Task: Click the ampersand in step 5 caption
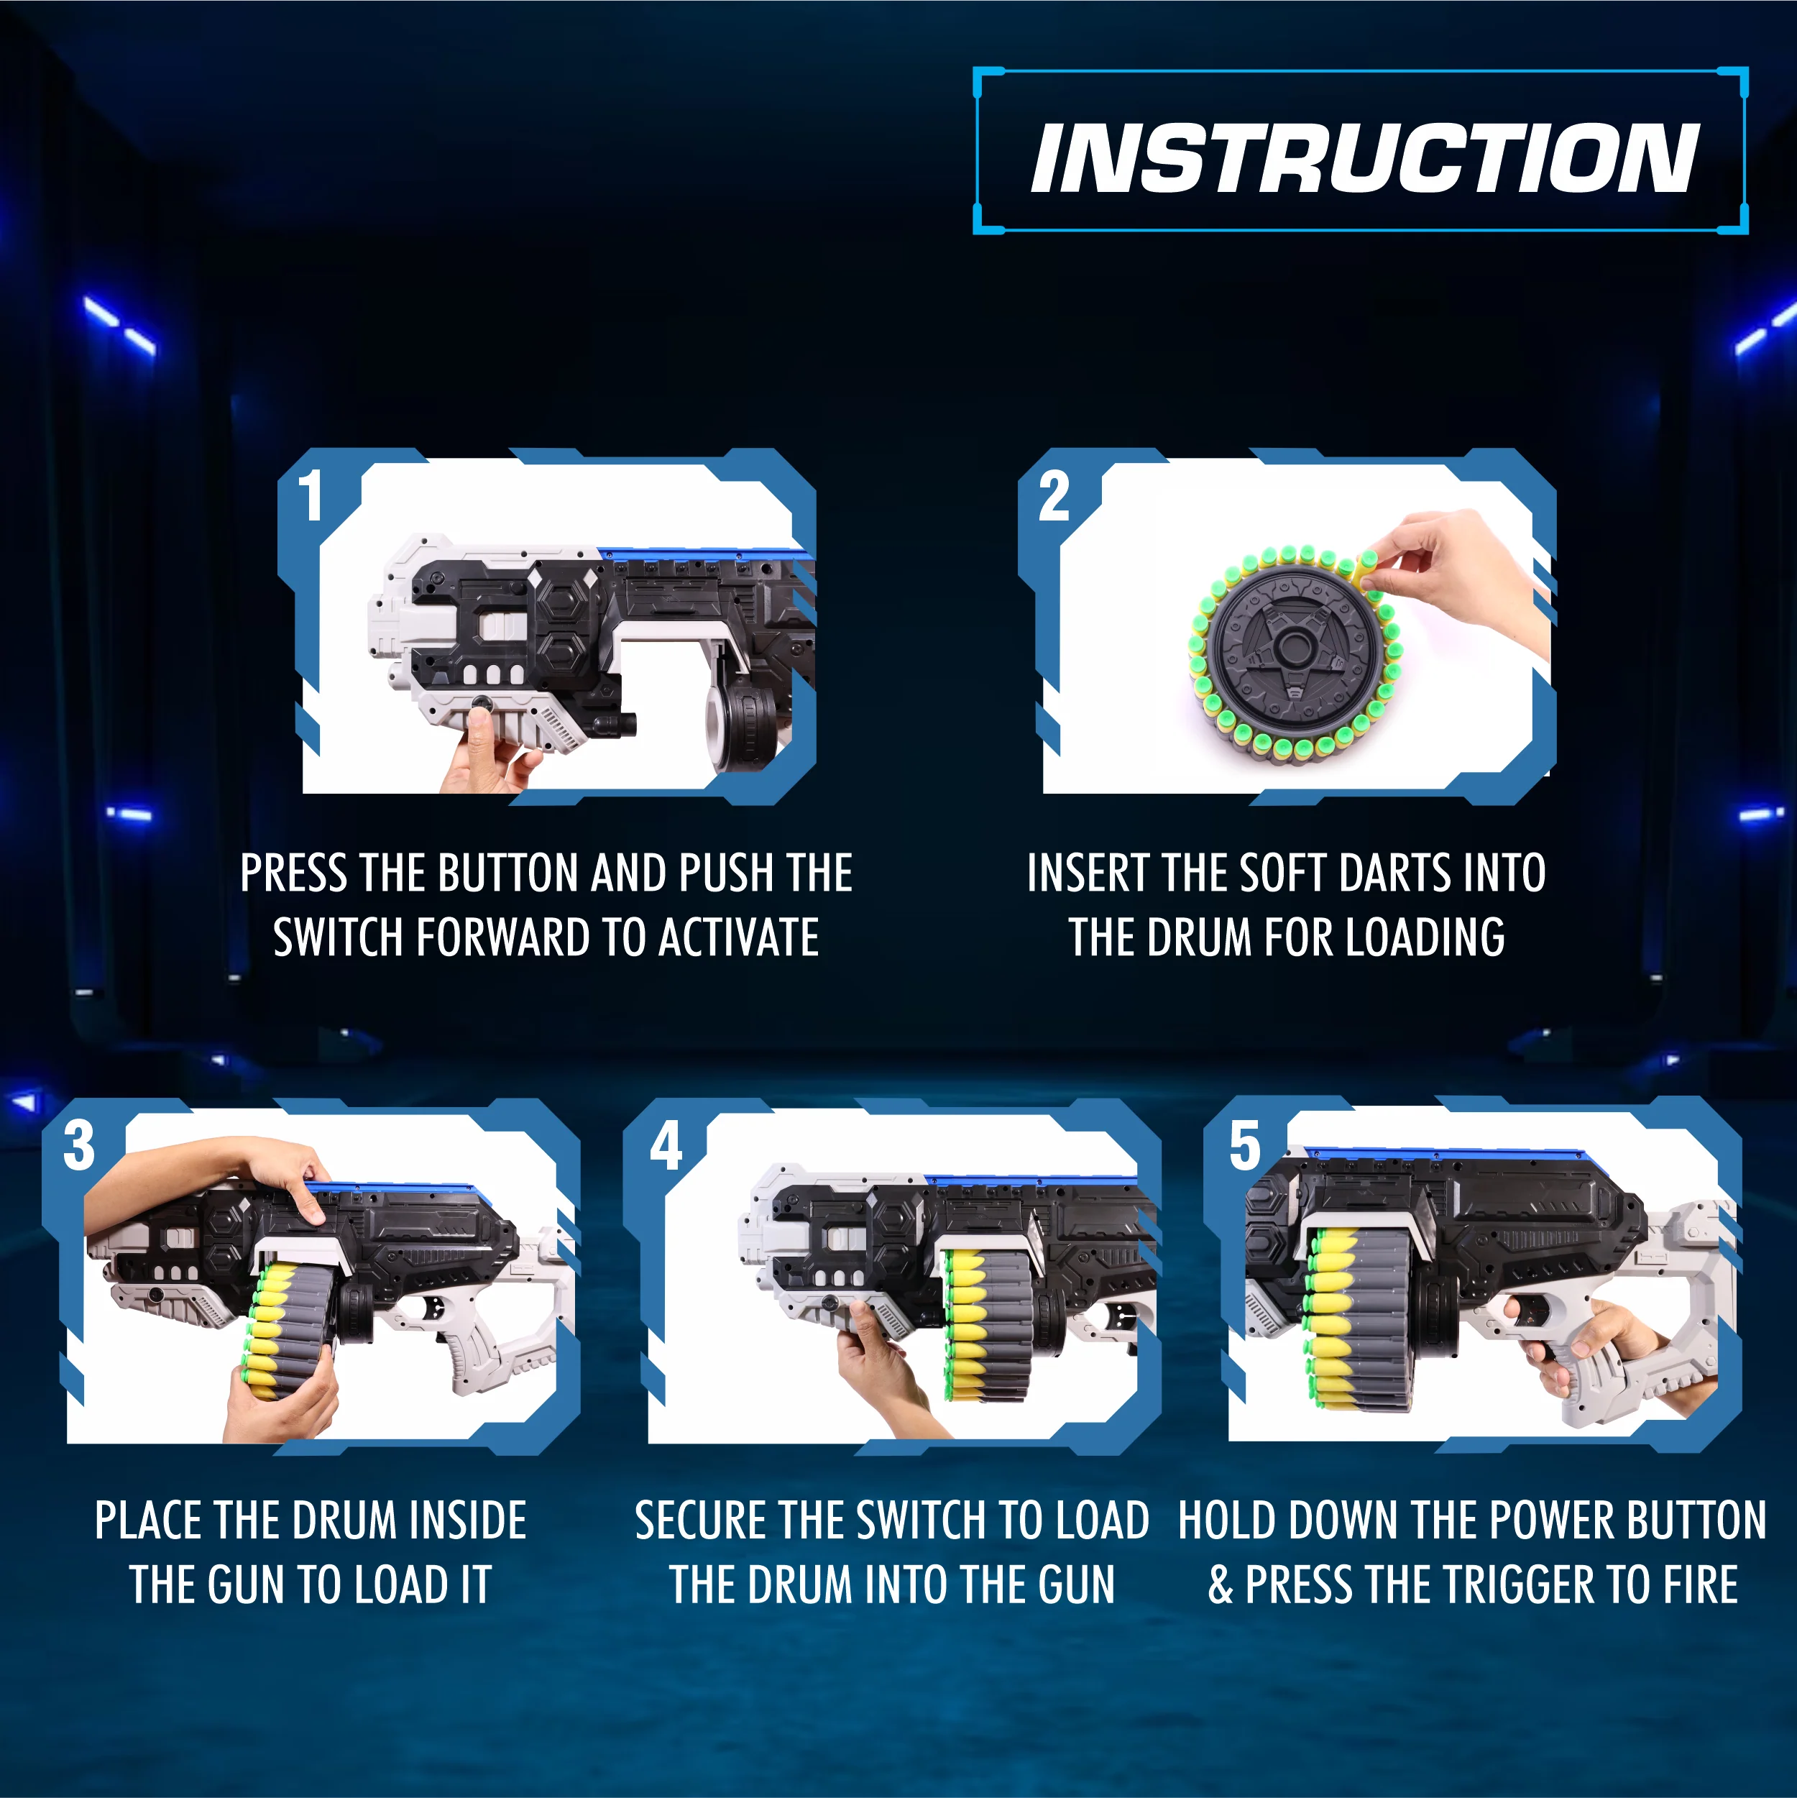coord(1221,1585)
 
